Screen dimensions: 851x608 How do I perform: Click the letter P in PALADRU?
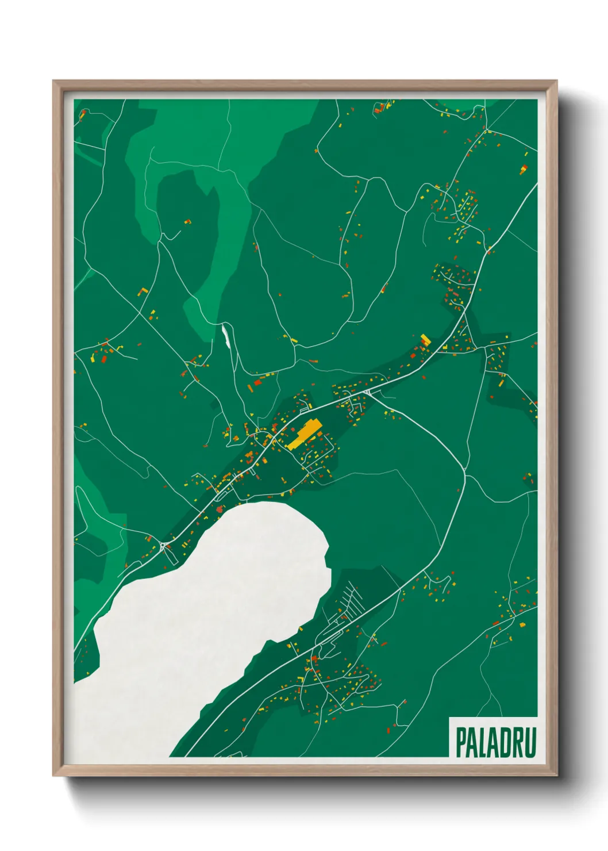coord(461,742)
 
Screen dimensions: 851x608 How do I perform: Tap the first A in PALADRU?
coord(473,742)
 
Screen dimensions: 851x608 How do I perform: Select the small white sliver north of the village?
coord(225,335)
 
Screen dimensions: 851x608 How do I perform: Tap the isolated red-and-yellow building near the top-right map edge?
coord(524,169)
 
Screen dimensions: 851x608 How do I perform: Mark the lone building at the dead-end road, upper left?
coord(187,221)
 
